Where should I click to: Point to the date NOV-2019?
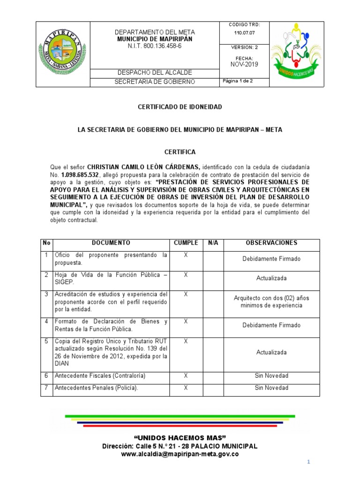tap(244, 64)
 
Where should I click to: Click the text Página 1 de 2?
tap(238, 81)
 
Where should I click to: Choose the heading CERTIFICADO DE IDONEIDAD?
tap(180, 107)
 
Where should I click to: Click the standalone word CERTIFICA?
tap(180, 152)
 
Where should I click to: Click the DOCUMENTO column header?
tap(111, 243)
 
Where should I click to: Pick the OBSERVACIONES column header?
tap(271, 243)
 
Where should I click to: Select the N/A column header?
tap(213, 243)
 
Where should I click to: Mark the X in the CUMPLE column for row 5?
tap(186, 341)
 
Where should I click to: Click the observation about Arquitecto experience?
tap(271, 301)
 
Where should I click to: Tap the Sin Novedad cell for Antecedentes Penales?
tap(271, 388)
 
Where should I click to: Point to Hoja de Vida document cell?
tap(111, 278)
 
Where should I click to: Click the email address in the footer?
tap(180, 454)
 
